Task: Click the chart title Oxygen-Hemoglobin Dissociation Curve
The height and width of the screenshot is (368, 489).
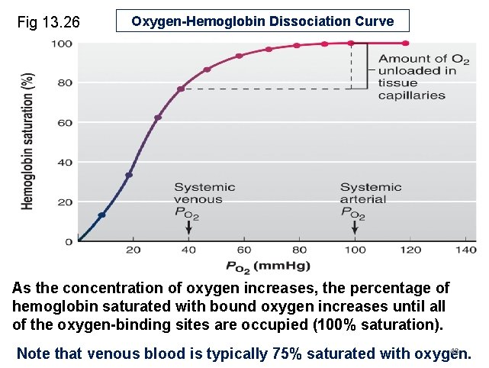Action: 262,21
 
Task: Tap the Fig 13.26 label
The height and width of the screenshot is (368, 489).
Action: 48,23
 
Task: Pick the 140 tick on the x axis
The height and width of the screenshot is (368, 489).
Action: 465,250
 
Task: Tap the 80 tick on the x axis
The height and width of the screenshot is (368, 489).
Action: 299,250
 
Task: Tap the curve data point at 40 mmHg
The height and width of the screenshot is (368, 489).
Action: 181,89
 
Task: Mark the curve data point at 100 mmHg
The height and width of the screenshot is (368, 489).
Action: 350,44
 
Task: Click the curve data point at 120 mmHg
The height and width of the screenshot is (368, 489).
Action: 405,44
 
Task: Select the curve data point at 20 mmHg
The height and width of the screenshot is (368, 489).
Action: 129,175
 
